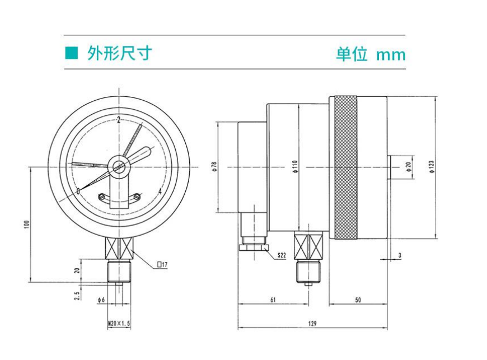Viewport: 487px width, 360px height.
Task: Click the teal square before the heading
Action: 71,53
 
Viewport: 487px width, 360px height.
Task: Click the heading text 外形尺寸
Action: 119,53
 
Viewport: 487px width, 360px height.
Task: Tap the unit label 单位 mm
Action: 370,54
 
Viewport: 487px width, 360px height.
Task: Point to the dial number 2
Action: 119,119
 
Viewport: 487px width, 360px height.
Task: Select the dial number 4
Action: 161,192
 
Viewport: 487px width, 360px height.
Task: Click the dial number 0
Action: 78,192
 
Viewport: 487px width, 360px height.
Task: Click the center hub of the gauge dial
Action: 119,166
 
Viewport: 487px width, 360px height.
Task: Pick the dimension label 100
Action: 26,224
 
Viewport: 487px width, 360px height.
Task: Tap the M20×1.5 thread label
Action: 119,324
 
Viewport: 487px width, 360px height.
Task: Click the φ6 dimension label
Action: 101,300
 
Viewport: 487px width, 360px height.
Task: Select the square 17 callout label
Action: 162,264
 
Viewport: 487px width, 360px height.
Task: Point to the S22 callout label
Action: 282,255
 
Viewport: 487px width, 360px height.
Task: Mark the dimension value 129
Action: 312,324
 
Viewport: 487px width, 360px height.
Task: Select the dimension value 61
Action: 273,300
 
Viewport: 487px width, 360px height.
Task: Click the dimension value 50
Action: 358,300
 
